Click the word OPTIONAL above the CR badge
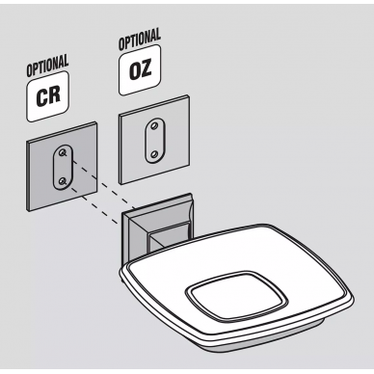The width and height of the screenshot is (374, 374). [47, 66]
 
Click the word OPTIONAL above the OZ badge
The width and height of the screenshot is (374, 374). [140, 40]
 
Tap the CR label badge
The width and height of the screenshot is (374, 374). [48, 96]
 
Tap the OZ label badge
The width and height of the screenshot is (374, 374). [140, 69]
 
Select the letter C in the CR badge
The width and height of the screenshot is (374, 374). [41, 97]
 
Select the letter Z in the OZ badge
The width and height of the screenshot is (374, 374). [147, 68]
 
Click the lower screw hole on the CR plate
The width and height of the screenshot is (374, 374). [63, 181]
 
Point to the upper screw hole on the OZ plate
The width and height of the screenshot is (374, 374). [155, 125]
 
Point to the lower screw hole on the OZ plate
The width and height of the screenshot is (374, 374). [154, 155]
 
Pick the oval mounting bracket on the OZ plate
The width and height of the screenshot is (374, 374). [155, 141]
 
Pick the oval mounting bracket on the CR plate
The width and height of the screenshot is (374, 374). [63, 167]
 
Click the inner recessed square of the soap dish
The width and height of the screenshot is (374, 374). [235, 297]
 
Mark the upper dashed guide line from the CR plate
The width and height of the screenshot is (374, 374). [104, 182]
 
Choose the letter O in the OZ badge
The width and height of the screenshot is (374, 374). [135, 71]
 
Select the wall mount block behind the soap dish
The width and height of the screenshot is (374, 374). [157, 226]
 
